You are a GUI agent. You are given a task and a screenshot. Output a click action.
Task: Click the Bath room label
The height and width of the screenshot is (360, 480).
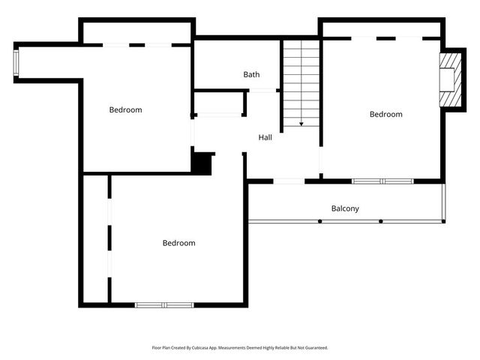click(251, 74)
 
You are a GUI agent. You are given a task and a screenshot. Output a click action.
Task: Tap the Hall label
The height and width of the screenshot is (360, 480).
click(265, 137)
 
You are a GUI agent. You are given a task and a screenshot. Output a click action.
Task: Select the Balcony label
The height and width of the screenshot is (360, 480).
click(345, 208)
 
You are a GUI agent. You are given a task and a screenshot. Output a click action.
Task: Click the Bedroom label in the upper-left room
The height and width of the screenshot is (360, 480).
click(125, 110)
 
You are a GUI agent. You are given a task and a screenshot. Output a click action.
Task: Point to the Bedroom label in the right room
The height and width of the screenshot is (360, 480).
click(385, 114)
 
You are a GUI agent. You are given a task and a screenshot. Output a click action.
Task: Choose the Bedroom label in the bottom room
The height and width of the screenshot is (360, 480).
click(178, 243)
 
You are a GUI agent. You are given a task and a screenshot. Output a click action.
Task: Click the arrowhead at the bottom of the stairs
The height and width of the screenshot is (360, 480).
click(301, 123)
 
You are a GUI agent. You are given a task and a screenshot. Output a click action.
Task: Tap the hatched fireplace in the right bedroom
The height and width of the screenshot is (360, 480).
click(449, 79)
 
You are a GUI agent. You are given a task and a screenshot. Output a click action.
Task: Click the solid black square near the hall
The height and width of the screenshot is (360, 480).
click(202, 163)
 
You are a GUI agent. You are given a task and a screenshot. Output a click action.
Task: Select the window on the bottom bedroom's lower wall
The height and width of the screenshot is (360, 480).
click(164, 304)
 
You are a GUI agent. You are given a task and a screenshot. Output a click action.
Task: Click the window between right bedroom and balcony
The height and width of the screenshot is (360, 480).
click(382, 181)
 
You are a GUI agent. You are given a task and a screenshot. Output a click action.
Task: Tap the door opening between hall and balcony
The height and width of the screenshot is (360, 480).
click(289, 181)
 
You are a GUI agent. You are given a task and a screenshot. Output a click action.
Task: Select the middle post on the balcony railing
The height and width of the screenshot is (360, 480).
click(381, 221)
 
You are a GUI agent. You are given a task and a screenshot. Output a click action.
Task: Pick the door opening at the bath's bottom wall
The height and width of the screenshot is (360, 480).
click(262, 91)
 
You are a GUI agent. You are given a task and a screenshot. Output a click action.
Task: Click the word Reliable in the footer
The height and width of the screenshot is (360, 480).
click(289, 348)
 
